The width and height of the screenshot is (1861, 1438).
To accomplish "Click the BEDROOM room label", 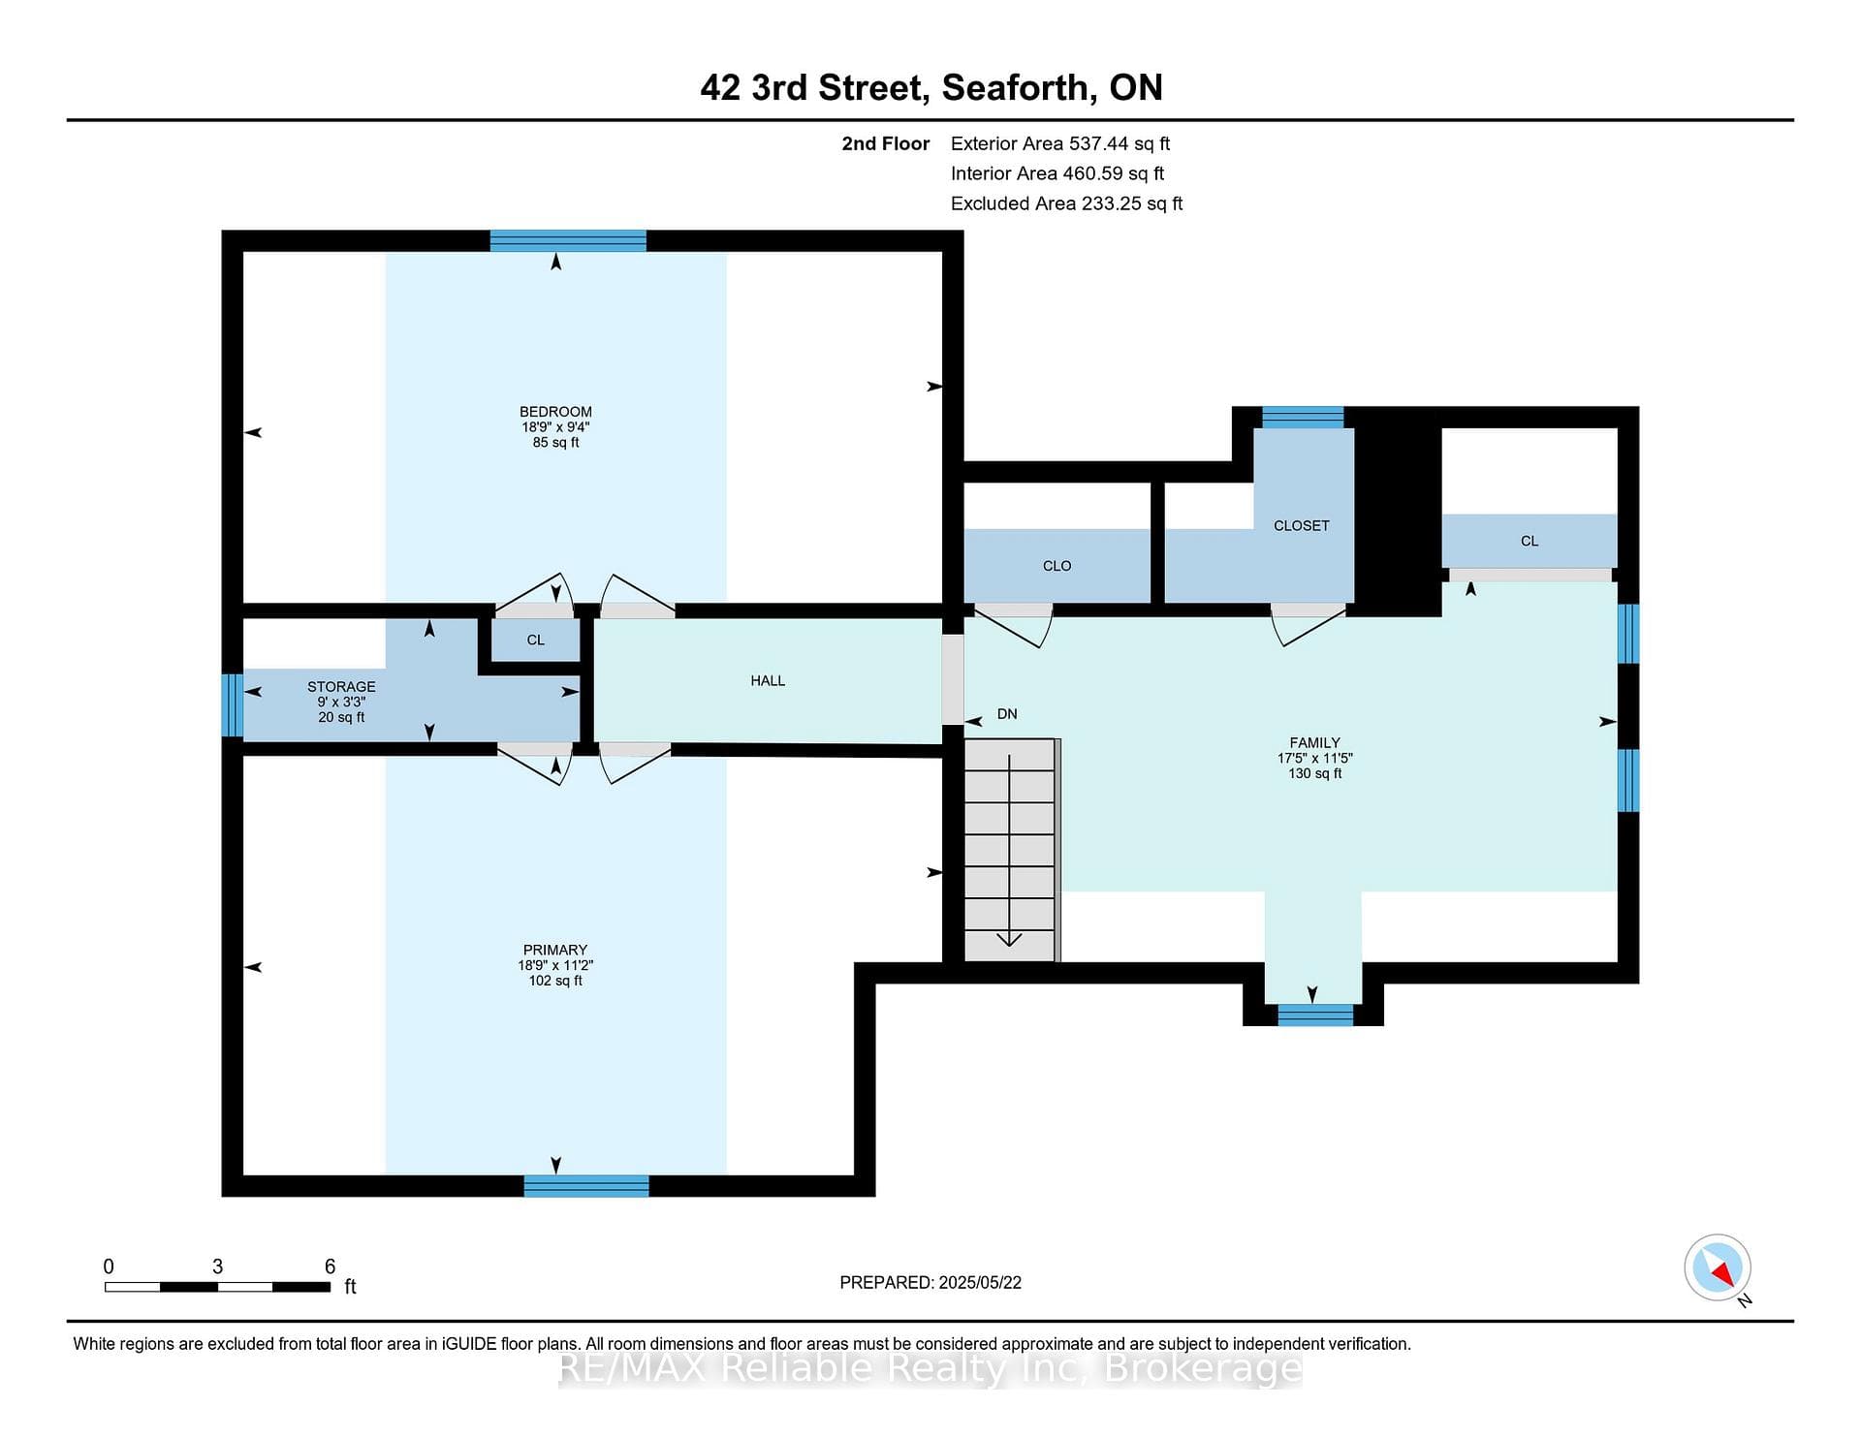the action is (555, 412).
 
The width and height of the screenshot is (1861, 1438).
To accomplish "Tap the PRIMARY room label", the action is (555, 950).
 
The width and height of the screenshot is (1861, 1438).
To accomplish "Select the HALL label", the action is (768, 681).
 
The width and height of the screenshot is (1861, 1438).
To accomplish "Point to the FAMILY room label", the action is (1314, 743).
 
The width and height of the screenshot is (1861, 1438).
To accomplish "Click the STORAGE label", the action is (341, 687).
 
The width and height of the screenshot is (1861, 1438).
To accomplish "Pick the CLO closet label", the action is (1057, 566).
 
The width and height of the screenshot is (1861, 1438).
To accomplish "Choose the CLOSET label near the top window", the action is (1301, 525).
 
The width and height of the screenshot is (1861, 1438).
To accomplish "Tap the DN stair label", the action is (1007, 714).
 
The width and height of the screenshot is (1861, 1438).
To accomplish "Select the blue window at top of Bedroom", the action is (568, 240).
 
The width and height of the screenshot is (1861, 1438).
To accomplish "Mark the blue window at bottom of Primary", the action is (586, 1186).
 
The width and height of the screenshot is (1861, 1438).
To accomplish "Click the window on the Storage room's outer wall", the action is (232, 705).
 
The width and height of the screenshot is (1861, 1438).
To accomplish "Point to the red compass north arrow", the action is (1721, 1271).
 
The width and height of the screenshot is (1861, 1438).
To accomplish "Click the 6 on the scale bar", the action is (330, 1266).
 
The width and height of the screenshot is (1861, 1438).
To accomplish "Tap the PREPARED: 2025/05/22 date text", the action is (930, 1282).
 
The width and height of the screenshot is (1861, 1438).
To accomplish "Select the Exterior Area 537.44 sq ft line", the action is (1060, 143).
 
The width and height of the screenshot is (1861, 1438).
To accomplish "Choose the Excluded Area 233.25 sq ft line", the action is (1066, 203).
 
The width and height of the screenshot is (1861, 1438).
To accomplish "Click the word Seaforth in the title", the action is (1020, 88).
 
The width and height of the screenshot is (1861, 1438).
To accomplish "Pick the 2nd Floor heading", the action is (885, 143).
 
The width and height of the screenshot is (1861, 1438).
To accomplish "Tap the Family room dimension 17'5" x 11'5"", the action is (1314, 759).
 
